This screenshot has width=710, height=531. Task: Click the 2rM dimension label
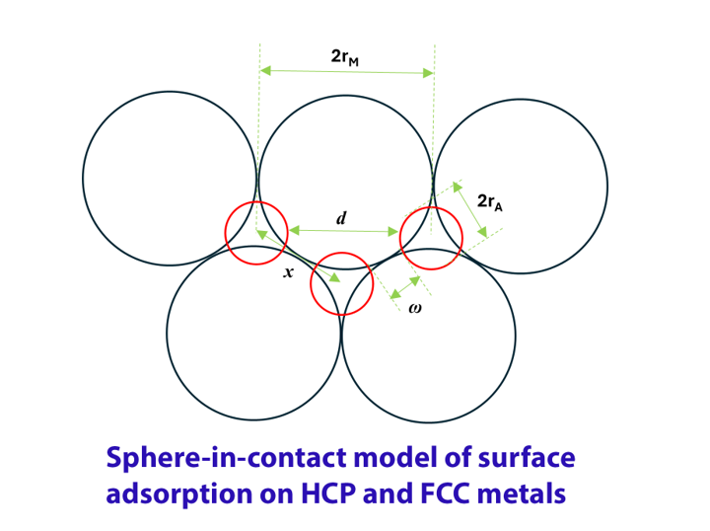344,57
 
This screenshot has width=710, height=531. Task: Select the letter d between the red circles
341,217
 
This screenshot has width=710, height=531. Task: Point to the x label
288,271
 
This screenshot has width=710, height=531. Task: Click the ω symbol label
415,308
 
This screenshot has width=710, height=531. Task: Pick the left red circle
255,233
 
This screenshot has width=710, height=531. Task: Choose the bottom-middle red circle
341,284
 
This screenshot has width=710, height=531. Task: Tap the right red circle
431,238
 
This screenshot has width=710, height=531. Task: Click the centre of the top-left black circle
170,179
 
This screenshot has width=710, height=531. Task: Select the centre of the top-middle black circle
345,183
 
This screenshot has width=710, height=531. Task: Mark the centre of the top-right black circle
521,186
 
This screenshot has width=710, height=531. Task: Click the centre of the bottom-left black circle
253,333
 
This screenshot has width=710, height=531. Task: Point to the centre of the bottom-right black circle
428,335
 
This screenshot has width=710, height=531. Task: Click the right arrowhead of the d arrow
394,233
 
